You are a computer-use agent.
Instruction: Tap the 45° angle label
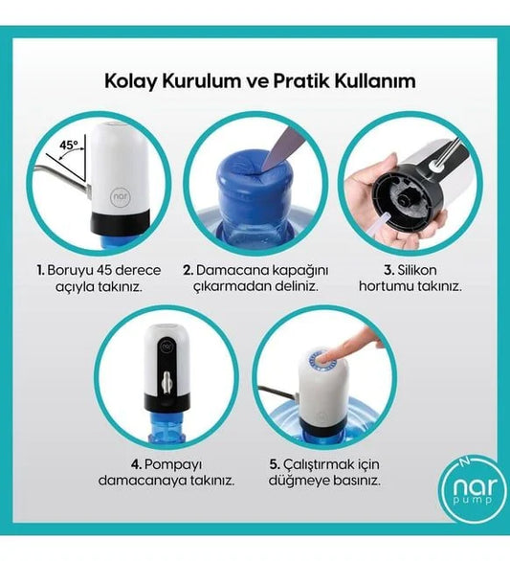[x=68, y=146]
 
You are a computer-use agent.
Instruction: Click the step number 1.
[x=40, y=271]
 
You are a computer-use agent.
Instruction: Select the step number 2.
[x=188, y=271]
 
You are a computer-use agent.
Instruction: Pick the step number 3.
[x=389, y=271]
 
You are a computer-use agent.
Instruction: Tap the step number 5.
[x=275, y=465]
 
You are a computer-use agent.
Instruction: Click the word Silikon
[x=417, y=271]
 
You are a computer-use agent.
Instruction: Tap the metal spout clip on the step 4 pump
[x=166, y=382]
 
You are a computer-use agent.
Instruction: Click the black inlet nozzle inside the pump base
[x=404, y=197]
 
